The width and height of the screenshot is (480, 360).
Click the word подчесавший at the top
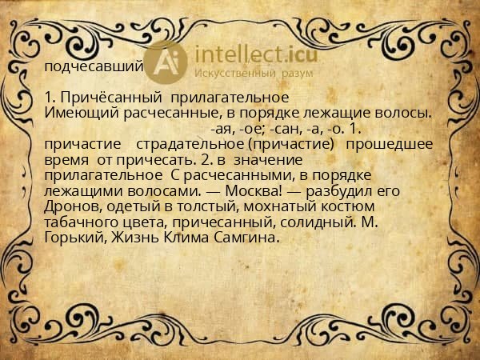coord(94,66)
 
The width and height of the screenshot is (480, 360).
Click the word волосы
coord(398,111)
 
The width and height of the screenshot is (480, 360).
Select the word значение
coord(254,160)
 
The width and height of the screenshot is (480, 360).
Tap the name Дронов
coord(70,207)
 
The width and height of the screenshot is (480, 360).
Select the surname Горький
coord(74,238)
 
